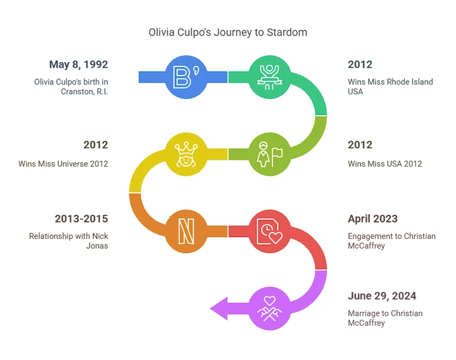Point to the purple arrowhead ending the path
click(220, 309)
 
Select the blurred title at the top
click(228, 32)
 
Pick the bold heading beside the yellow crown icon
click(95, 145)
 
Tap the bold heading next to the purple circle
click(382, 295)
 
